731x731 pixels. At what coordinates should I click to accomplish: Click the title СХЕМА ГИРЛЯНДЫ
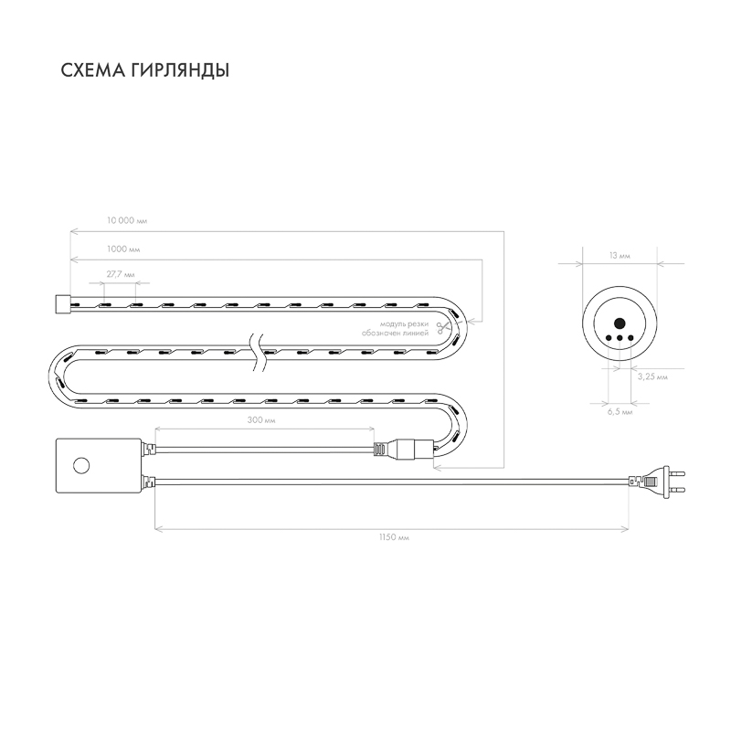pyautogui.click(x=145, y=70)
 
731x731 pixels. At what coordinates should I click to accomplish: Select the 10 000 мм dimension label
pyautogui.click(x=127, y=220)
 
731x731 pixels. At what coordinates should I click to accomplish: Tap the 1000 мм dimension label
pyautogui.click(x=123, y=249)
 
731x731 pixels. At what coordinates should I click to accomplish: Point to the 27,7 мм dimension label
pyautogui.click(x=121, y=275)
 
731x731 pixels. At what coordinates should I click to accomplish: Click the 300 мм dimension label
pyautogui.click(x=261, y=420)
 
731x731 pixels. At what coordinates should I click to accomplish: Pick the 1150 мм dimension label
pyautogui.click(x=394, y=537)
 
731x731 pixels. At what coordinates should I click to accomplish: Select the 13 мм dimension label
pyautogui.click(x=620, y=256)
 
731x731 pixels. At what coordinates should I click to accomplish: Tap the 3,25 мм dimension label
pyautogui.click(x=652, y=376)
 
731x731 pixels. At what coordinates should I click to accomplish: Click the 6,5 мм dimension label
pyautogui.click(x=620, y=412)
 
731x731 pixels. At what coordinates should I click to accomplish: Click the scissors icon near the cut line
pyautogui.click(x=440, y=328)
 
